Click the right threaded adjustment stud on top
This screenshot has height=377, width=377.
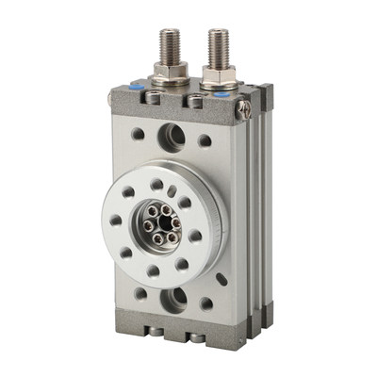pyautogui.click(x=218, y=48)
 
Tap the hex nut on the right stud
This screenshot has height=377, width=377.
pyautogui.click(x=218, y=76)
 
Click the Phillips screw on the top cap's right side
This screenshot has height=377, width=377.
pyautogui.click(x=246, y=110)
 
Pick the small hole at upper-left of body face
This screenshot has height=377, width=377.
pyautogui.click(x=138, y=133)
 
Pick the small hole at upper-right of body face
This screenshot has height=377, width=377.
pyautogui.click(x=205, y=141)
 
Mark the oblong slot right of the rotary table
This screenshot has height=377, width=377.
pyautogui.click(x=221, y=279)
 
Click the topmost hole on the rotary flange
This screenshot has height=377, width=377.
pyautogui.click(x=156, y=185)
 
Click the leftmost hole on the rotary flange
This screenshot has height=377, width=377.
pyautogui.click(x=115, y=221)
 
